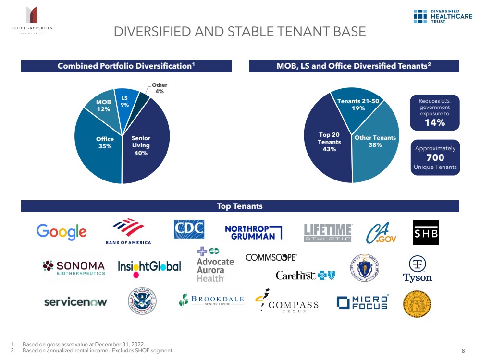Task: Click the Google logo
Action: [62, 232]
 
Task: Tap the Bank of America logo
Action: [128, 231]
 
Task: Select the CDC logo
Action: [189, 229]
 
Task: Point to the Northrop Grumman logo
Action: [253, 232]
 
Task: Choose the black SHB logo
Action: [426, 233]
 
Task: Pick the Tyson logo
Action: [417, 269]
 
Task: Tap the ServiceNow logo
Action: [75, 302]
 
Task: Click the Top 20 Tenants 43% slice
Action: [330, 142]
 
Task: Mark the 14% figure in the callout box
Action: [434, 123]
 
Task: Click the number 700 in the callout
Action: [435, 157]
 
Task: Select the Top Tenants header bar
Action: [240, 206]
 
